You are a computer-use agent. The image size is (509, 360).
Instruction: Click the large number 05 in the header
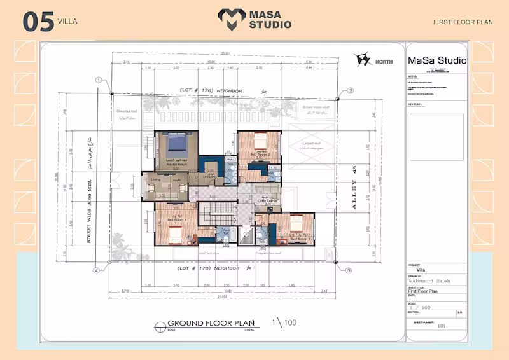[38, 21]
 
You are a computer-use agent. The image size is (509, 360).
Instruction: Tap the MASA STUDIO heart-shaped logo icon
[230, 19]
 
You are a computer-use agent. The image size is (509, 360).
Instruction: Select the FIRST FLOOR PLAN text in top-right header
[463, 22]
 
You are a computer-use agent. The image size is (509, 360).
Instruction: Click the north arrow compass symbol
[363, 60]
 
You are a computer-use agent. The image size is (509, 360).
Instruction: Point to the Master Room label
[176, 164]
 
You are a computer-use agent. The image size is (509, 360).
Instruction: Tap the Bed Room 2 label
[260, 155]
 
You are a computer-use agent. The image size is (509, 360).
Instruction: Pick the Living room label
[156, 180]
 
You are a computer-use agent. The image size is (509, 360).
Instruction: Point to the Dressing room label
[210, 177]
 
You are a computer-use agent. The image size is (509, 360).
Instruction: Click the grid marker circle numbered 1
[99, 80]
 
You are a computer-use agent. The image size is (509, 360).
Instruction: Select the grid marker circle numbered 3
[349, 270]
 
